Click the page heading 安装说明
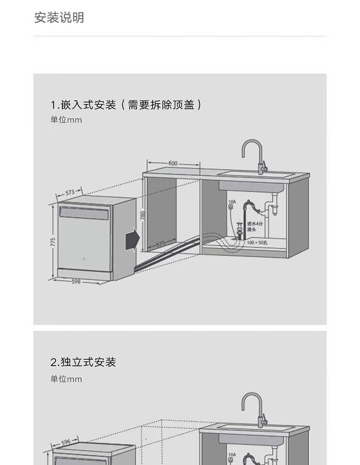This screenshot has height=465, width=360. point(59,18)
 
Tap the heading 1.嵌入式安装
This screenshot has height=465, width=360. point(84,105)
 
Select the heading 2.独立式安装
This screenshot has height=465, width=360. point(84,362)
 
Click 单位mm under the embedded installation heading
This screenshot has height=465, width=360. point(66,120)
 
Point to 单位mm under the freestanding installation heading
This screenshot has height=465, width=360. point(66,379)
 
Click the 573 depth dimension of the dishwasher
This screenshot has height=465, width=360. point(70,192)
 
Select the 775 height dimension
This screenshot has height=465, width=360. point(53,242)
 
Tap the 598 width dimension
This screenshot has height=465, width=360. point(76,282)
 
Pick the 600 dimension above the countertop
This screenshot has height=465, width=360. point(173,163)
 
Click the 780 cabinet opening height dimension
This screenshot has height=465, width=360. point(142,216)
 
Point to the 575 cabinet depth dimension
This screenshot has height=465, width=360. point(161,244)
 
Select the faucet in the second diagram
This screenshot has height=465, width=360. point(254,408)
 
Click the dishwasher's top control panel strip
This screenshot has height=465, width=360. point(84,213)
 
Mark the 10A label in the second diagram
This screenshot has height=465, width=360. point(232,454)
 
